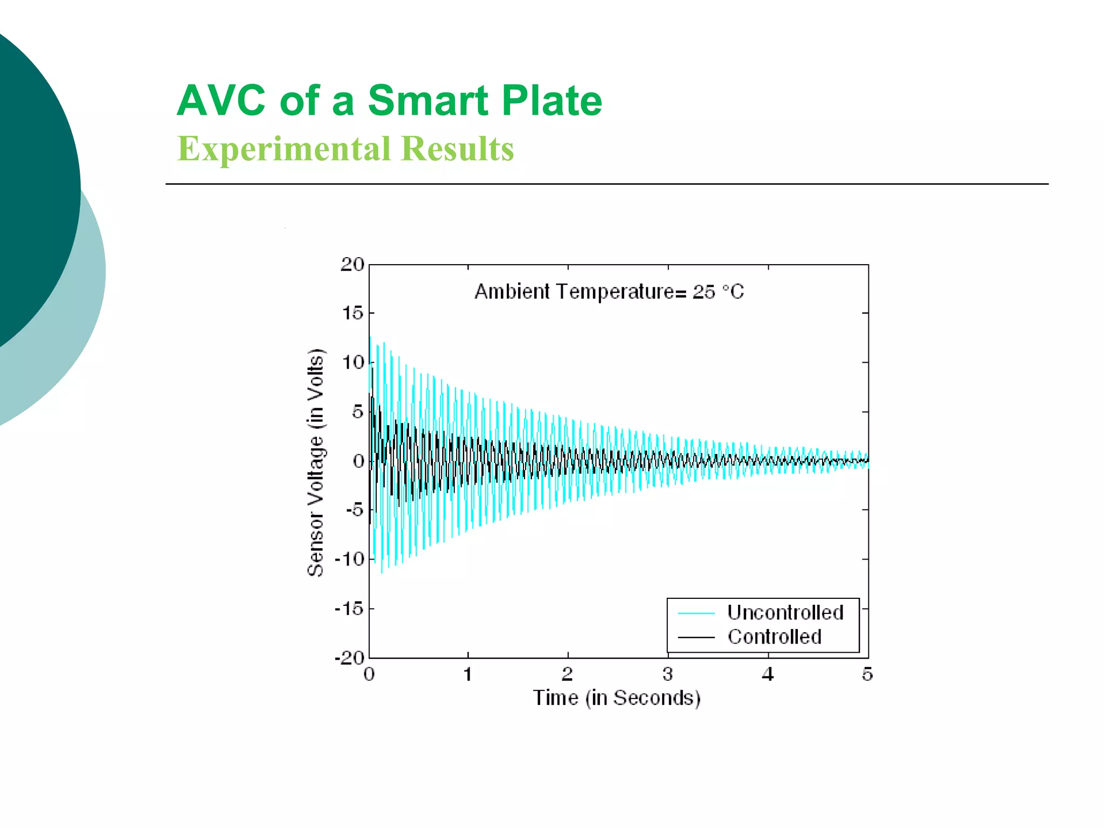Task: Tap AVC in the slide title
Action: (221, 101)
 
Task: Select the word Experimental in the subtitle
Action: (284, 149)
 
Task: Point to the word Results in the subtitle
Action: (458, 149)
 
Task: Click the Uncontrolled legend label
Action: (785, 612)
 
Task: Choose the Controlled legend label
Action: (774, 637)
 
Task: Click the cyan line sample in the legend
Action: (696, 613)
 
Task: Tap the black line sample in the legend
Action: (696, 637)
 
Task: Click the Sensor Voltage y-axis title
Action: (316, 463)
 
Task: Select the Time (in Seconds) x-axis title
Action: (617, 698)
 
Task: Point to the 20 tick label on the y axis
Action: (353, 265)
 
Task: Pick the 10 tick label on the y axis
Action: (353, 363)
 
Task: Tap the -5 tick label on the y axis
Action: (354, 510)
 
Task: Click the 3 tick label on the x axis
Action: (667, 674)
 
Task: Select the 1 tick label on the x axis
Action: (468, 674)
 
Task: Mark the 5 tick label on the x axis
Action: (867, 674)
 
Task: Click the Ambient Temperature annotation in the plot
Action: (609, 292)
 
